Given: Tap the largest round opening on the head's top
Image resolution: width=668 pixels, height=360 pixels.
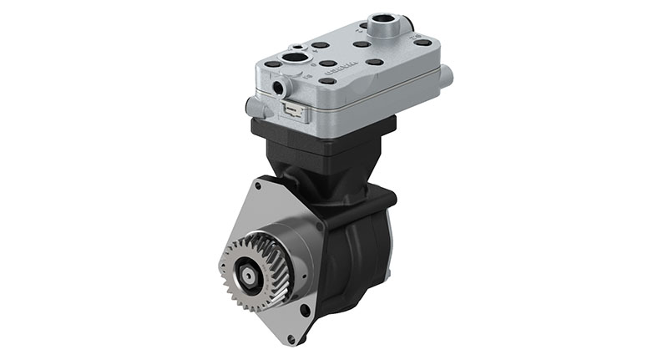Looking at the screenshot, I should [x=296, y=58].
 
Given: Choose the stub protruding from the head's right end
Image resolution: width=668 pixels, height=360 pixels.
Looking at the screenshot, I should [x=447, y=76].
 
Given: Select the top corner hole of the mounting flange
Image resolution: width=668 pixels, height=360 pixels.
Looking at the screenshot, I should [x=258, y=186].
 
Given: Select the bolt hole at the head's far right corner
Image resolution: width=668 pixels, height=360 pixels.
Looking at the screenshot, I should [x=423, y=43].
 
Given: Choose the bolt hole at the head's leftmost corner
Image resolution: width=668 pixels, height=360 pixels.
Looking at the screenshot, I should [x=272, y=63].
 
